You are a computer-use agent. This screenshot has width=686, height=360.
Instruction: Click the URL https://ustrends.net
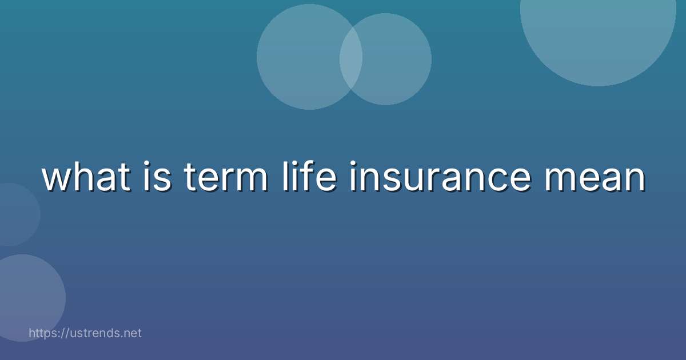pyautogui.click(x=85, y=333)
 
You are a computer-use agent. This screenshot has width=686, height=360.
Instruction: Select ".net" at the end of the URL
pyautogui.click(x=131, y=333)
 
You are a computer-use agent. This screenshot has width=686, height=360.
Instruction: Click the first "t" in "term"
pyautogui.click(x=189, y=178)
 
